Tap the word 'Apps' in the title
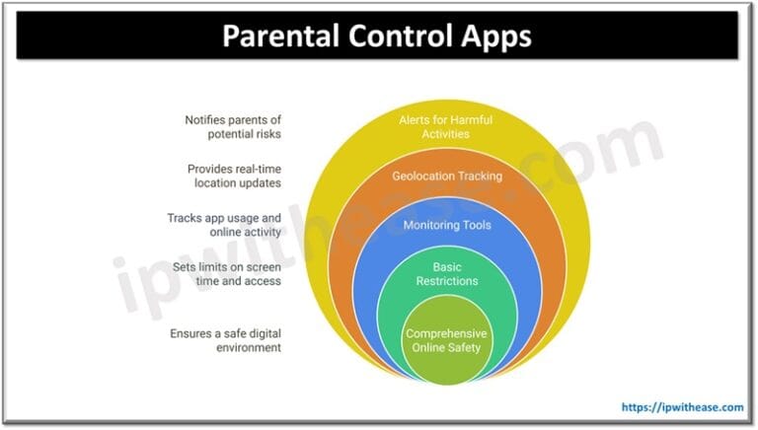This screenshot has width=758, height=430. (493, 36)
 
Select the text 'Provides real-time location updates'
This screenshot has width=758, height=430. (233, 177)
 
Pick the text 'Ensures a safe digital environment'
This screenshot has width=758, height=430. (225, 339)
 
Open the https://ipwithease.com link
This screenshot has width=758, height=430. (682, 406)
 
